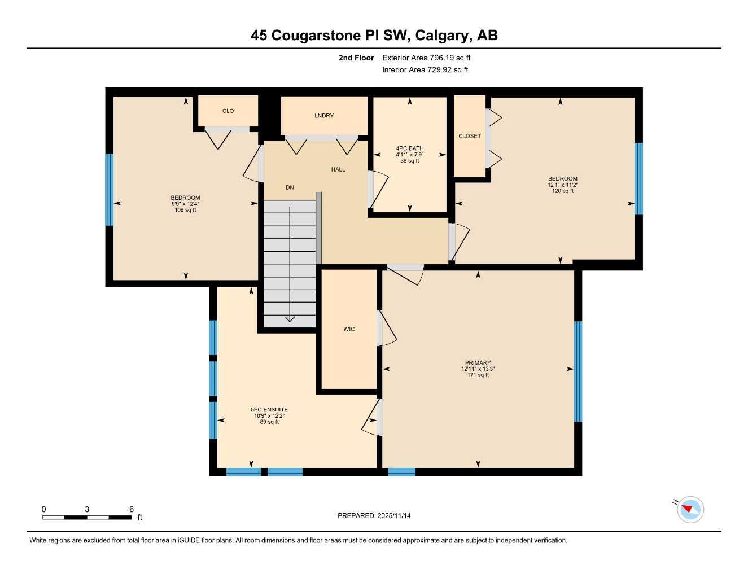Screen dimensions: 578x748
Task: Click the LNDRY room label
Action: pyautogui.click(x=324, y=116)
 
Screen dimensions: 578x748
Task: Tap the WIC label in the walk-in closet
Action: pyautogui.click(x=349, y=329)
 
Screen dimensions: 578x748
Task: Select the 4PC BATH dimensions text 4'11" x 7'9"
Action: pyautogui.click(x=409, y=155)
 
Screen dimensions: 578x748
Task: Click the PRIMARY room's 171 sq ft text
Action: pyautogui.click(x=478, y=375)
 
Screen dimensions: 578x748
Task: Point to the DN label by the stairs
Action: pyautogui.click(x=290, y=187)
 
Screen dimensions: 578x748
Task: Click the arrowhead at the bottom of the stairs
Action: pyautogui.click(x=290, y=319)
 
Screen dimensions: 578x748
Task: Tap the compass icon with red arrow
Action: pyautogui.click(x=690, y=510)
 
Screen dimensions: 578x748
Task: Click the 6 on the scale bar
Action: pyautogui.click(x=131, y=509)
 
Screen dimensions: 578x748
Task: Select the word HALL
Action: pyautogui.click(x=338, y=169)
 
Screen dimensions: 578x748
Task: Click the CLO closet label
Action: pyautogui.click(x=228, y=111)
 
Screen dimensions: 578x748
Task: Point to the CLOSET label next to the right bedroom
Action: pyautogui.click(x=470, y=136)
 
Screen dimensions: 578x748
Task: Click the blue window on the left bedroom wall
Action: pyautogui.click(x=110, y=190)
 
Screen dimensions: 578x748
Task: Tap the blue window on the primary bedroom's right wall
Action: pyautogui.click(x=578, y=371)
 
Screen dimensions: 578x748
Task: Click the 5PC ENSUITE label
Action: pyautogui.click(x=269, y=410)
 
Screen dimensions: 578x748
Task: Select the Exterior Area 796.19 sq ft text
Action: pyautogui.click(x=426, y=58)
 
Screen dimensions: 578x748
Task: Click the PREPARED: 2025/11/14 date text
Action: pyautogui.click(x=374, y=516)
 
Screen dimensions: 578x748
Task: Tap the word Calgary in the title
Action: pyautogui.click(x=443, y=36)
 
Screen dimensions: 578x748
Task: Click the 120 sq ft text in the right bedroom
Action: pyautogui.click(x=562, y=191)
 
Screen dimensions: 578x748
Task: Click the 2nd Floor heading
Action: pyautogui.click(x=356, y=58)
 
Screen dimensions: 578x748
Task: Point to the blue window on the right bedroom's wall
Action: pyautogui.click(x=638, y=178)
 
